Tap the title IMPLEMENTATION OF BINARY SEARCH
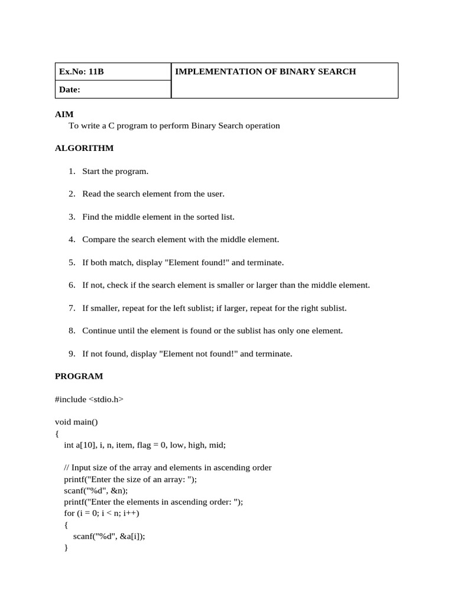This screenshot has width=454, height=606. pos(265,72)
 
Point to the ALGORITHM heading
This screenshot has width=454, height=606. pos(84,148)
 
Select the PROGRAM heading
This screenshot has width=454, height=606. pos(79,376)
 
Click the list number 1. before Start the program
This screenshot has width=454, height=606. pos(72,172)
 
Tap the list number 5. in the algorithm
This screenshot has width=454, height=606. pos(72,263)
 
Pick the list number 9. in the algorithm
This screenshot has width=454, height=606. pos(72,354)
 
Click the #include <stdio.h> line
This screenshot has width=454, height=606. pos(89,399)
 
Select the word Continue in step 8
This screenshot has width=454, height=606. pos(99,331)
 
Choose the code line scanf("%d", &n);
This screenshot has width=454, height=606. pos(95,491)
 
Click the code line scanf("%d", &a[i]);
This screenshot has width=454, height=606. pos(109,536)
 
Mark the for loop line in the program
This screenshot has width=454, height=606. pos(101,513)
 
